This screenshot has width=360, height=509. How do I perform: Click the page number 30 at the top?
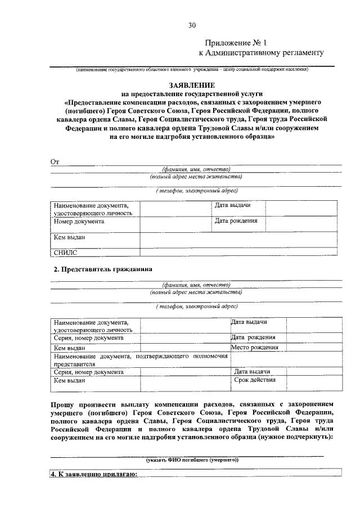click(x=192, y=25)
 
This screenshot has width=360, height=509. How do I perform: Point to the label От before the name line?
click(x=55, y=162)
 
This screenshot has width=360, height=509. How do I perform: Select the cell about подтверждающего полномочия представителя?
click(x=141, y=360)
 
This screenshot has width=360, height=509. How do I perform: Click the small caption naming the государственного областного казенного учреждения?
click(x=192, y=70)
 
